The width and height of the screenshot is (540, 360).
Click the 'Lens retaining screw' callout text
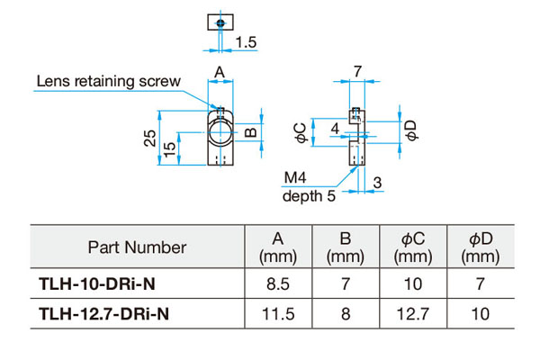[x=108, y=81]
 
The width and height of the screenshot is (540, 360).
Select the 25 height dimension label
[x=151, y=138]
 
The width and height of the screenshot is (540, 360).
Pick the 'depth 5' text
[x=311, y=195]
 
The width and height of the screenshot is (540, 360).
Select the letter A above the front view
[x=219, y=71]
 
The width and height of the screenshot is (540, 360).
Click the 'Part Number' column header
[x=138, y=247]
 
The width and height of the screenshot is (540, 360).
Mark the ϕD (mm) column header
[x=479, y=247]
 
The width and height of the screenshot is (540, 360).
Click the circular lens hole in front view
[x=219, y=134]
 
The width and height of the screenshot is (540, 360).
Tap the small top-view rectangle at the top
[x=219, y=21]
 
